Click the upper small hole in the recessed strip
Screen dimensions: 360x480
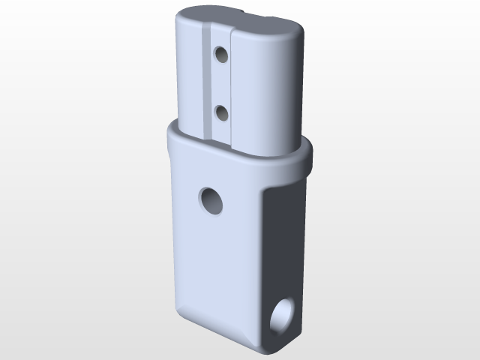click(x=221, y=55)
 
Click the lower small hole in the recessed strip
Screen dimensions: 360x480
click(x=222, y=113)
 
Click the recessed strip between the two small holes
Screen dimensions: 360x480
click(x=221, y=84)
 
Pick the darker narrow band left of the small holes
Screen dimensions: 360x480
click(x=207, y=82)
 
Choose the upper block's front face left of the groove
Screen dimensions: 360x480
click(x=187, y=75)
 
